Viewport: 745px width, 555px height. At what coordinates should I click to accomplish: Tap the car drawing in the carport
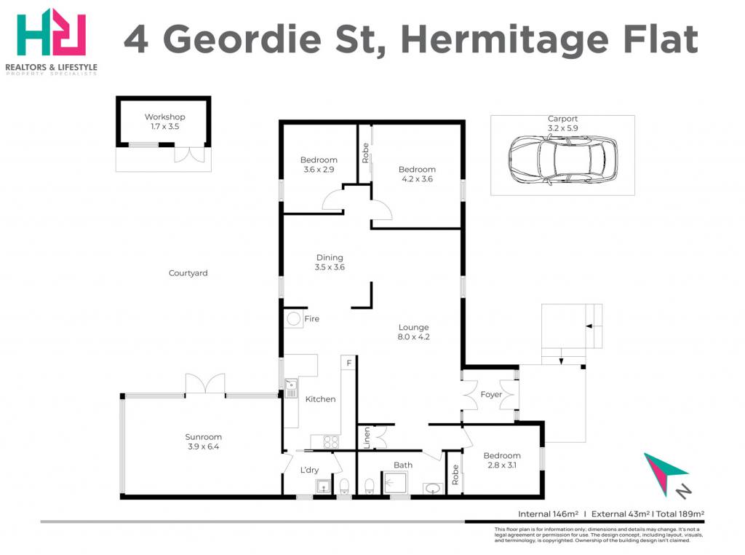pos(562,160)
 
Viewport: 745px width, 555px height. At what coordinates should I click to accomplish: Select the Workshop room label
pos(165,117)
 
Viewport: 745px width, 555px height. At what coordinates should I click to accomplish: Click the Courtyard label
pos(188,273)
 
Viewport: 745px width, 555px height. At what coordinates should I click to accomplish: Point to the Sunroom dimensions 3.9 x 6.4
pos(204,446)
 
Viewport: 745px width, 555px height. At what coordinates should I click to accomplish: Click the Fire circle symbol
pos(294,318)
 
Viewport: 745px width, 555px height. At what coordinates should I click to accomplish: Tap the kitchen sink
pos(290,388)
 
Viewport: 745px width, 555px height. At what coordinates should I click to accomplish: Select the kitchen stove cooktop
pos(331,442)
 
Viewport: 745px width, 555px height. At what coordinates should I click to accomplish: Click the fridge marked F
pos(348,363)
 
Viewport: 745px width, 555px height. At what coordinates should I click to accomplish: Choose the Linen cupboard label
pos(367,438)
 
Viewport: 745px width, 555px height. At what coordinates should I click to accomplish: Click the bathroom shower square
pos(394,483)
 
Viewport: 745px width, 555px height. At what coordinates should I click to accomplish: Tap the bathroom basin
pos(433,489)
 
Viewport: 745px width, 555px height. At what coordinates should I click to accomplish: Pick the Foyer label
pos(491,394)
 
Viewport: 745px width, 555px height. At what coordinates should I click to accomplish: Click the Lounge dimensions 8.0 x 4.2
pos(413,336)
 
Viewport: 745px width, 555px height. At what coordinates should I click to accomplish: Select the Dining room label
pos(330,257)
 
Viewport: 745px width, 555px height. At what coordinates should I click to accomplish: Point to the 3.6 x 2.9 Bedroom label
pos(319,165)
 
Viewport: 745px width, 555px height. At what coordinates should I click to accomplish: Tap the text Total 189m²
pos(680,513)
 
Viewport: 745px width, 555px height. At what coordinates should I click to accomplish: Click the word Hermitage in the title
pos(505,41)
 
